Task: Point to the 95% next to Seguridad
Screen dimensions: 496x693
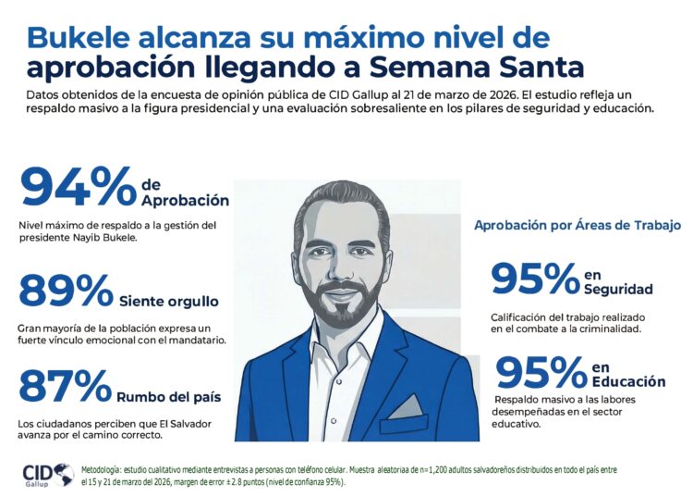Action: (534, 279)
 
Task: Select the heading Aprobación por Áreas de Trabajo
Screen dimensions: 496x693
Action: (577, 225)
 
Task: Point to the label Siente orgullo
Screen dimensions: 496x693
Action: (169, 301)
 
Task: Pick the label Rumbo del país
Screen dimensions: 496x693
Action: (169, 397)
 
